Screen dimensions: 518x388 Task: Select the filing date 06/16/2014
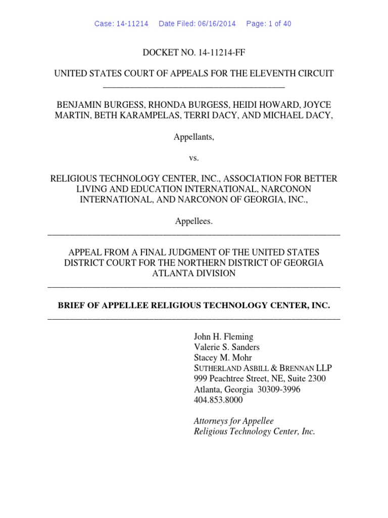click(x=216, y=24)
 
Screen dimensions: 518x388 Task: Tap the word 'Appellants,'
click(x=194, y=137)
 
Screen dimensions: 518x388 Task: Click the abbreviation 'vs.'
click(x=194, y=158)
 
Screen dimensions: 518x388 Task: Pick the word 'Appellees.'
click(x=194, y=221)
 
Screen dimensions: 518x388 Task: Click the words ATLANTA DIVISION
click(x=194, y=273)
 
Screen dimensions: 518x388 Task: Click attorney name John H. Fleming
click(x=224, y=337)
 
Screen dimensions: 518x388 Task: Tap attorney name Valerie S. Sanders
click(x=227, y=348)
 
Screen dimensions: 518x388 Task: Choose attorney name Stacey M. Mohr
click(x=223, y=358)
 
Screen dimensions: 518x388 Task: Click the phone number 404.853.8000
click(x=218, y=400)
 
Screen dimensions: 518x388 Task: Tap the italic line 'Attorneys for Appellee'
click(x=234, y=421)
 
